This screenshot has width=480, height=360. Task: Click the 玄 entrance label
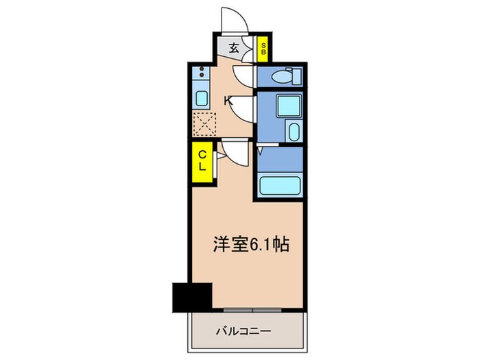[x=234, y=49]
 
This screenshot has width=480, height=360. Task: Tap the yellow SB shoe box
[x=263, y=49]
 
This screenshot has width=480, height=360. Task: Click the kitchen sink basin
[x=202, y=97]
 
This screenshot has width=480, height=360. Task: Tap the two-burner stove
[x=202, y=71]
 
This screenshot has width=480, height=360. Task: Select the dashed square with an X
[x=203, y=125]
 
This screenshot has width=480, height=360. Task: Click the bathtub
[x=281, y=185]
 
